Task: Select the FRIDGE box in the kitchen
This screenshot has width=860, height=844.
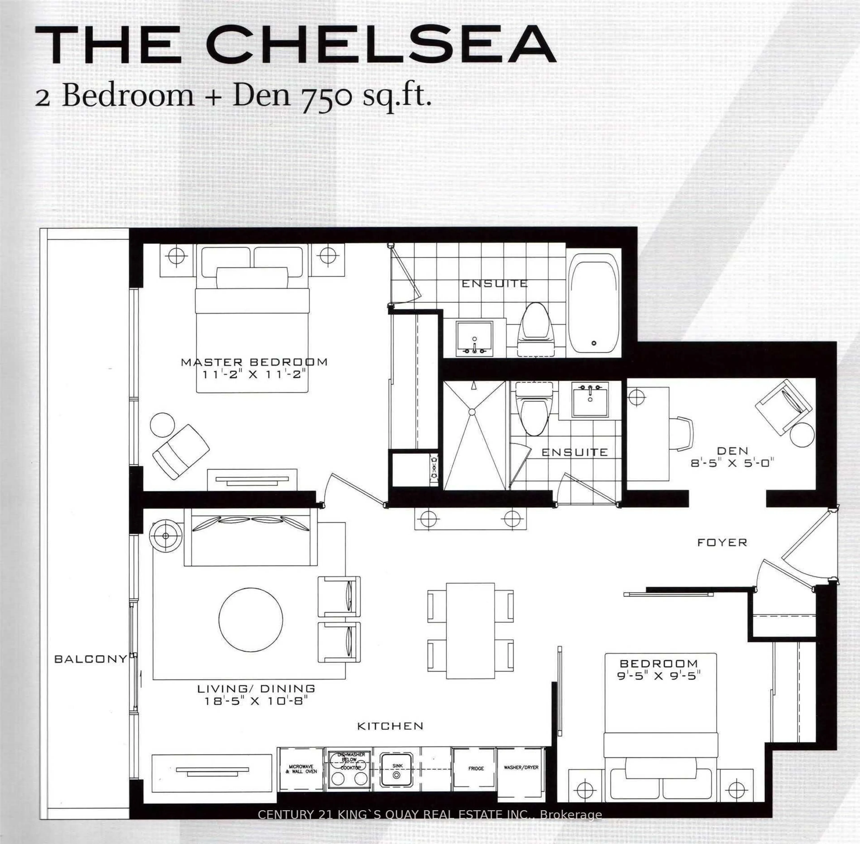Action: point(475,768)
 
